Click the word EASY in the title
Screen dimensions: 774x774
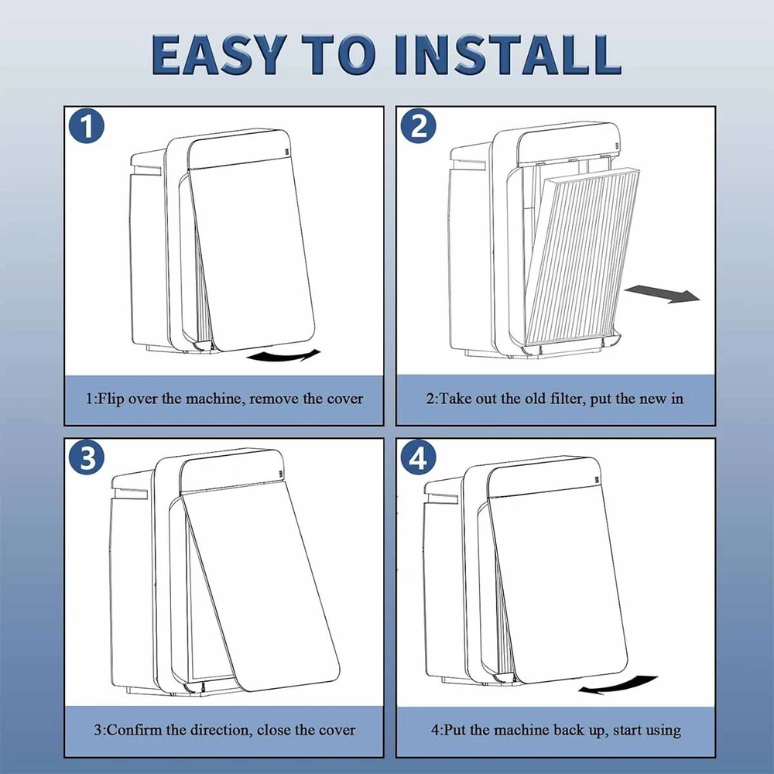click(219, 54)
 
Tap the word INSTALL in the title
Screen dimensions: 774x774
click(508, 54)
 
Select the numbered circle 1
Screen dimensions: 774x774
click(87, 125)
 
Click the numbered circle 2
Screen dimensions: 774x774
click(418, 125)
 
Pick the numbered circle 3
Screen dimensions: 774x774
click(87, 457)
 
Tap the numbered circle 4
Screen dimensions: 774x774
click(418, 457)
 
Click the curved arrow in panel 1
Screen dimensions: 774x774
click(283, 355)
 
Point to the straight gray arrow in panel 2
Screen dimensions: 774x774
click(663, 293)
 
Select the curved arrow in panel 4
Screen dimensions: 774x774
click(618, 685)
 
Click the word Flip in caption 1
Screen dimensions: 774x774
click(111, 399)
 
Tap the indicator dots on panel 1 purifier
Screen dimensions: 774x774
click(287, 152)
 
